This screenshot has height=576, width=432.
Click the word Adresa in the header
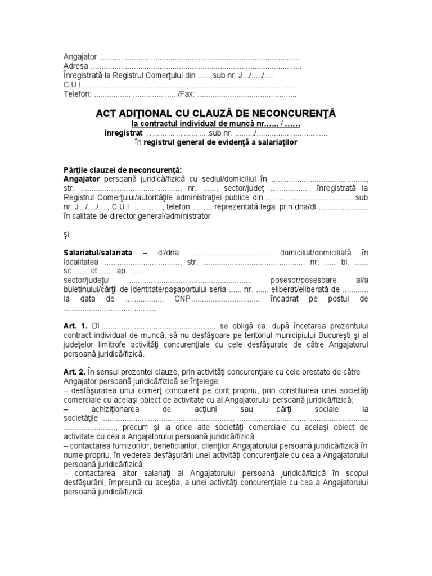(75, 66)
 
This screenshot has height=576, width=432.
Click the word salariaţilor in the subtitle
(274, 143)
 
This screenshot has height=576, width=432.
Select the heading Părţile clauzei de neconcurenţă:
(123, 170)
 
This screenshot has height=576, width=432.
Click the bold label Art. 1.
(75, 326)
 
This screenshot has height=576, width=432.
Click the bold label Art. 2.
(75, 372)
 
